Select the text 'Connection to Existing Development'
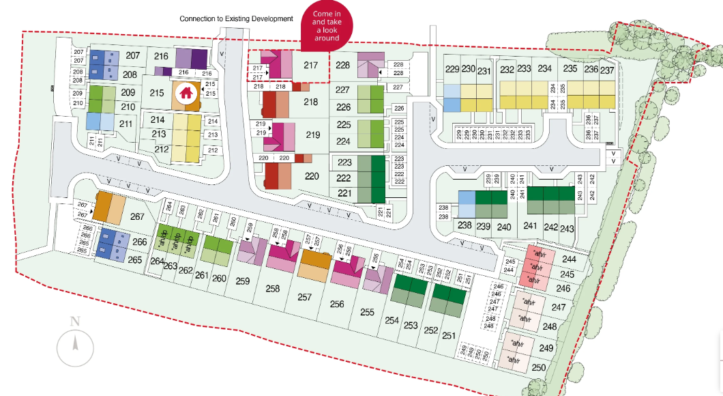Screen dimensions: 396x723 236,18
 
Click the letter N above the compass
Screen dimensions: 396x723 75,322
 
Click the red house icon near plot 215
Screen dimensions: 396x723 185,94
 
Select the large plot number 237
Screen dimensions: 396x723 607,70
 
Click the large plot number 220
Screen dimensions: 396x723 312,176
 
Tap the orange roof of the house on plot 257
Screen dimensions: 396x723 313,259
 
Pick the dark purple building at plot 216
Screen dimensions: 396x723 190,58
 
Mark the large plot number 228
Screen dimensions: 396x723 343,66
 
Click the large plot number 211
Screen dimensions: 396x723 126,124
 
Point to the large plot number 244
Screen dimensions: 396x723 570,259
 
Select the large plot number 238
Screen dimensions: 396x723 465,226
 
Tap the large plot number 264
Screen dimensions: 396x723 157,261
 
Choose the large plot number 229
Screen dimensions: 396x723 452,69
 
